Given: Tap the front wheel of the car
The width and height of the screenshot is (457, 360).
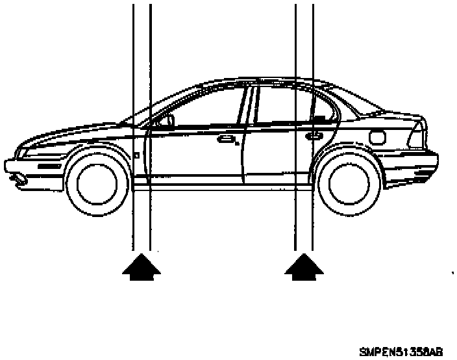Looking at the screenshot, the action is (96, 183).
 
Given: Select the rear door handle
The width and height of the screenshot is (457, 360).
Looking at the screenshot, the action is (314, 136).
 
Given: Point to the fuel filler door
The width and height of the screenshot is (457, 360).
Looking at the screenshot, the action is (376, 137).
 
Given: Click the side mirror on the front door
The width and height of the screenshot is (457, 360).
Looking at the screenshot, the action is (167, 120).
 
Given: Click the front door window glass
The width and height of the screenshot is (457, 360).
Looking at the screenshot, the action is (208, 107).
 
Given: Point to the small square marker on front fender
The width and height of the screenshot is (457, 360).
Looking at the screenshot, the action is (136, 155).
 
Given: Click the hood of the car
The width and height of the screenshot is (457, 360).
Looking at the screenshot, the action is (71, 135).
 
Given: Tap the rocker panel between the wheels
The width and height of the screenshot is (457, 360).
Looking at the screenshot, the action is (221, 186).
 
